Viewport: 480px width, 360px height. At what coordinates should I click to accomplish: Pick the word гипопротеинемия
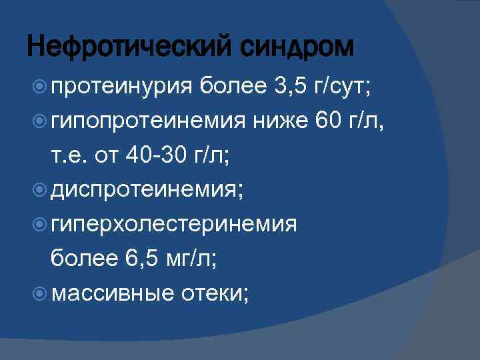(x=148, y=121)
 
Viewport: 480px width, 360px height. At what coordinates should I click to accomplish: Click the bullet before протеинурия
(x=39, y=86)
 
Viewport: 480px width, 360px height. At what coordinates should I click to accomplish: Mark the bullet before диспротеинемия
(x=39, y=190)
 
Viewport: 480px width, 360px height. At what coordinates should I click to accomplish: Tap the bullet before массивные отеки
(x=39, y=294)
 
